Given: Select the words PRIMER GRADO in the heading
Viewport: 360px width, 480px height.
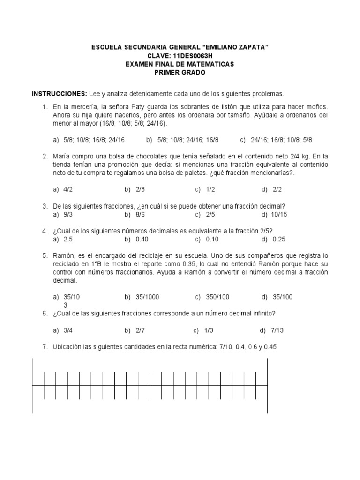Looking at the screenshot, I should click(180, 72).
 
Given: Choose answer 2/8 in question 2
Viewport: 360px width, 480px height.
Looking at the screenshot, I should click(140, 189).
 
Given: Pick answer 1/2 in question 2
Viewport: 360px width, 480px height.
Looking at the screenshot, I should click(210, 189).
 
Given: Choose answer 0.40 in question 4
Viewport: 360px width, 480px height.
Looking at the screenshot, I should click(142, 240).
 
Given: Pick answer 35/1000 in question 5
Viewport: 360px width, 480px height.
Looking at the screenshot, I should click(147, 297).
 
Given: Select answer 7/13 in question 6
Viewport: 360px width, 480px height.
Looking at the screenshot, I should click(277, 330).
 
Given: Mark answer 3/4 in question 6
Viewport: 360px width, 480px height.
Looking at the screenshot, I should click(68, 330).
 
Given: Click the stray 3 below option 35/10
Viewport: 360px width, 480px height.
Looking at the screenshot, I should click(65, 305).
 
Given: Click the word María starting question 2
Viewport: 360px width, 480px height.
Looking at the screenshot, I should click(61, 156).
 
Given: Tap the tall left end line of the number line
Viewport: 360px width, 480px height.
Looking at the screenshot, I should click(32, 385).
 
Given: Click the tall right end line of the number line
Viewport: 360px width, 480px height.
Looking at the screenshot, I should click(267, 385).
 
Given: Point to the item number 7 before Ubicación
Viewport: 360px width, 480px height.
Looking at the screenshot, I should click(44, 347).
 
